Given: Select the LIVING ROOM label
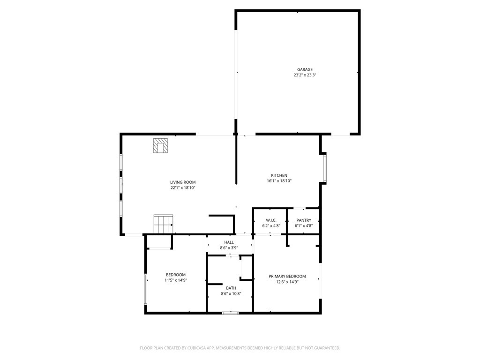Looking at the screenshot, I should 183,182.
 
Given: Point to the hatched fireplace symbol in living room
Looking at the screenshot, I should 160,146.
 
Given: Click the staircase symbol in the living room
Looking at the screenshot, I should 163,224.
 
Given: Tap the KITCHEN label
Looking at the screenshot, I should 279,175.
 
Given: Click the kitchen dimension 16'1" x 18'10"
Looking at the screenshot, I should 279,181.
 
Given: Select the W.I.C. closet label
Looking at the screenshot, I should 271,220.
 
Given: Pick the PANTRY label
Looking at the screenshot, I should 304,220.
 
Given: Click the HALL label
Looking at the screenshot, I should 229,242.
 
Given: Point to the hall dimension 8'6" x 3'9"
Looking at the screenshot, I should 229,248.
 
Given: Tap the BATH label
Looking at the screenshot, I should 231,288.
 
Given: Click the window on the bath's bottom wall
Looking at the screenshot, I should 230,312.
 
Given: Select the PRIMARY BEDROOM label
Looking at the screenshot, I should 287,277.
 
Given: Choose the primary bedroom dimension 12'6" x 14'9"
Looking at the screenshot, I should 287,282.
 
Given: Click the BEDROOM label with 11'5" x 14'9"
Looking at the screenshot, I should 176,275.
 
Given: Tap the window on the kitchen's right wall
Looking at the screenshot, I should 325,168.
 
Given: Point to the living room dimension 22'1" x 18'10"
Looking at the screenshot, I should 183,188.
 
